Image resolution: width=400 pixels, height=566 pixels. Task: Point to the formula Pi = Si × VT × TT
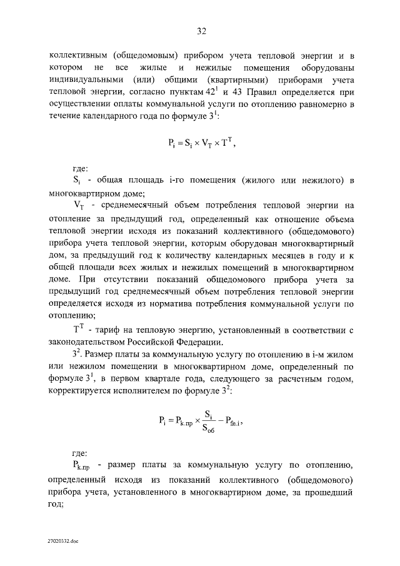(x=201, y=143)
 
